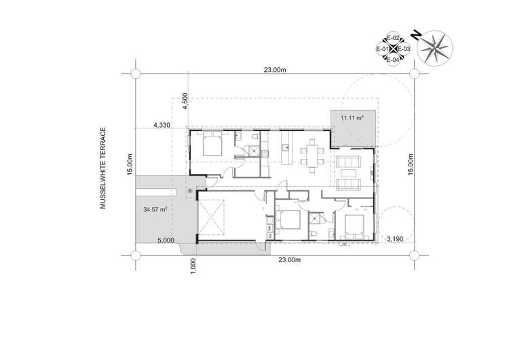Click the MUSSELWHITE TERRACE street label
pos(105,167)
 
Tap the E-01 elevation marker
pos(381,49)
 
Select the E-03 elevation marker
pos(403,49)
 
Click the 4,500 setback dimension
pos(185,101)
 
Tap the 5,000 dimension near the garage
pos(166,240)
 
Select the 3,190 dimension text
pos(396,240)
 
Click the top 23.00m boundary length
pos(275,69)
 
